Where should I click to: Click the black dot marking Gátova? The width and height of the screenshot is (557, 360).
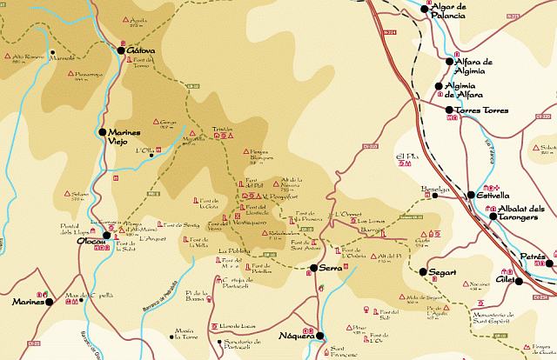pos(121,50)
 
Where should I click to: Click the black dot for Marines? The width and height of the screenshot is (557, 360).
pos(50,303)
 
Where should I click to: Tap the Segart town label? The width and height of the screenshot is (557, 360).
pos(443,272)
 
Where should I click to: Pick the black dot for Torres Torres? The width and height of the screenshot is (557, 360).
pos(449,110)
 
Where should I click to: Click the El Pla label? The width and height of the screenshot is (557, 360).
pos(407,157)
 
